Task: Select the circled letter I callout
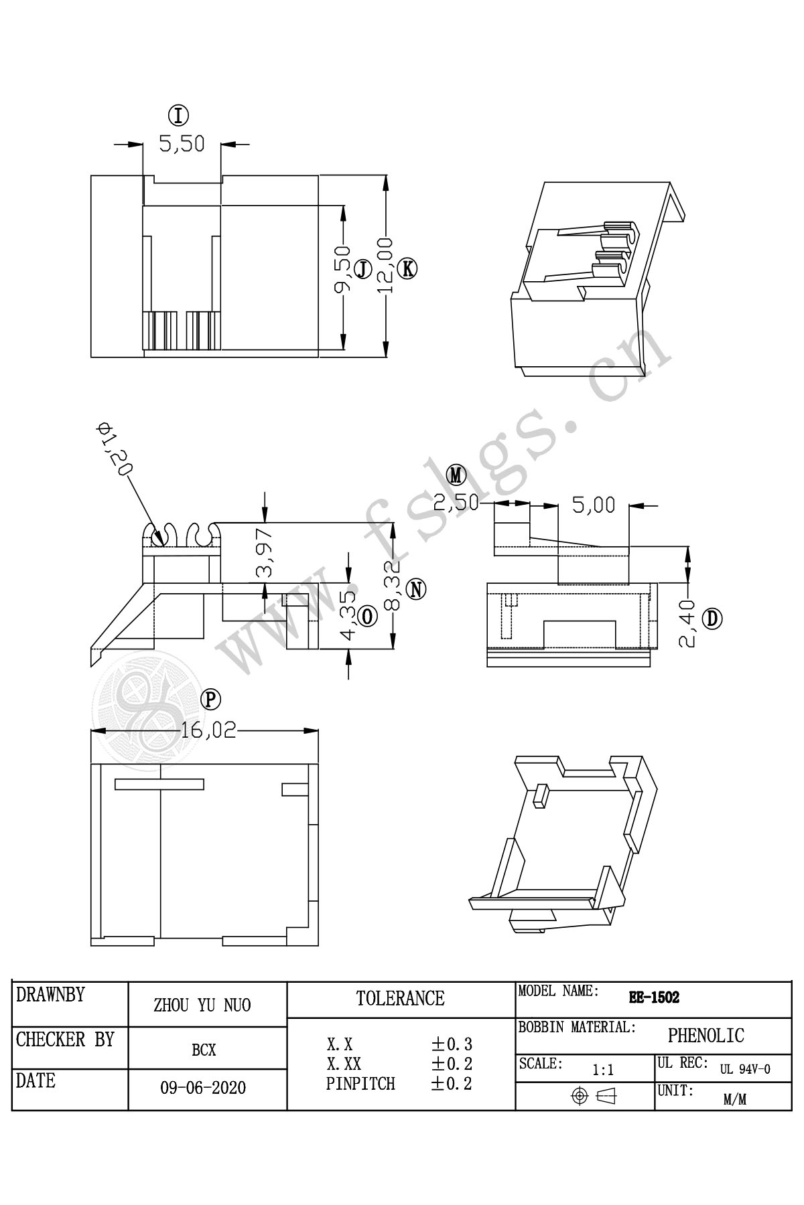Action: pos(179,116)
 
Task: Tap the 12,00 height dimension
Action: pos(385,265)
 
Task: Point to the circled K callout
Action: pos(407,268)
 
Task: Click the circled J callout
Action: pos(362,269)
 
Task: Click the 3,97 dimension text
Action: pos(265,552)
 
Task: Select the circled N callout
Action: pos(417,589)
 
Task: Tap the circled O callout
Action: pos(367,617)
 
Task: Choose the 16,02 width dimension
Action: pos(208,730)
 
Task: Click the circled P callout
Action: pos(211,700)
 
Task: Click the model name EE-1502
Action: pos(654,997)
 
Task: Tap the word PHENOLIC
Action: pos(706,1036)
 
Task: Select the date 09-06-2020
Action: pos(203,1088)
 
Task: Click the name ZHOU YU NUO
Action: pos(202,1005)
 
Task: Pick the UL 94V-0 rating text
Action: pos(745,1069)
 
